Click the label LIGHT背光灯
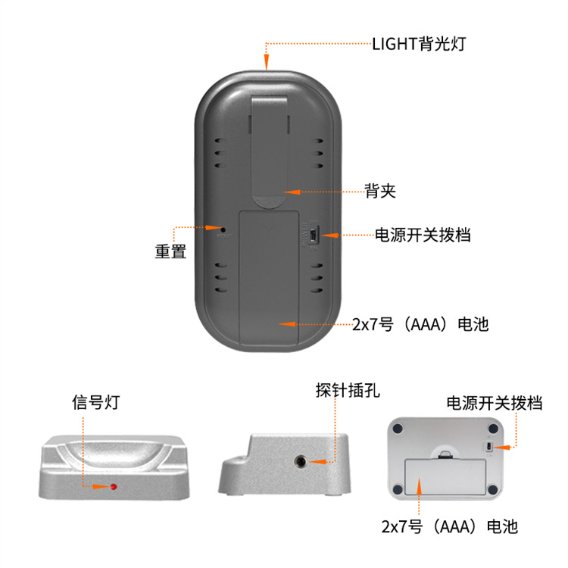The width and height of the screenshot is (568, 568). tap(419, 43)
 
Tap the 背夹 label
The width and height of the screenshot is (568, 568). tap(379, 192)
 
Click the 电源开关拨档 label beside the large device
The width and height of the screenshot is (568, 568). tap(423, 235)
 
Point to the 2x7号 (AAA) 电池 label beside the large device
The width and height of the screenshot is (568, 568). tap(421, 325)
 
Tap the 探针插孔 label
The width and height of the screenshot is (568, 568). tap(348, 392)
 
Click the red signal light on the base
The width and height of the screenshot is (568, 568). tap(114, 486)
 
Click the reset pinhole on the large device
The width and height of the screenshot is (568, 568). tap(223, 227)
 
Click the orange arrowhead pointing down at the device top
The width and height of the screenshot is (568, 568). tap(267, 64)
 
